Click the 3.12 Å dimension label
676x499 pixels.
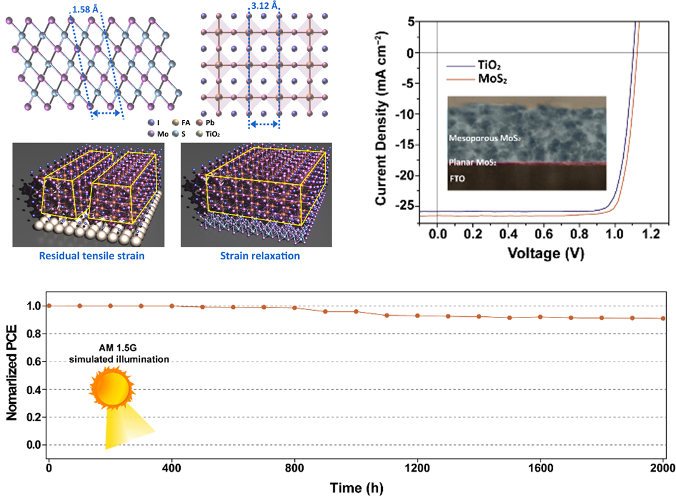click(264, 9)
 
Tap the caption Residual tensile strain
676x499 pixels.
click(88, 255)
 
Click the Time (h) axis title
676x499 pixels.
click(356, 487)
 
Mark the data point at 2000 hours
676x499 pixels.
click(663, 318)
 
